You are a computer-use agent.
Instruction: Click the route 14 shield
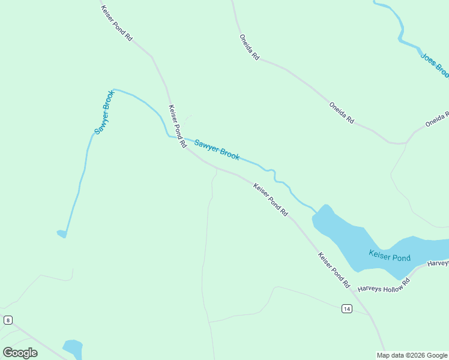(x=346, y=308)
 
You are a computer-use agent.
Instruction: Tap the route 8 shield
(x=8, y=320)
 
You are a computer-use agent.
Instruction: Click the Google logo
(x=20, y=352)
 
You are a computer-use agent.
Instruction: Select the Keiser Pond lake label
(x=390, y=257)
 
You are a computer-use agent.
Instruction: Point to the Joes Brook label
(x=435, y=65)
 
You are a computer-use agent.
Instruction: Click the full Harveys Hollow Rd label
(x=383, y=284)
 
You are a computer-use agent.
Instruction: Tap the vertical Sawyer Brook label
(x=104, y=112)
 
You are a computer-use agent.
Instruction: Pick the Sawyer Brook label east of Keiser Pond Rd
(x=217, y=149)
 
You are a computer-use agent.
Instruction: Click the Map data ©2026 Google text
(x=412, y=355)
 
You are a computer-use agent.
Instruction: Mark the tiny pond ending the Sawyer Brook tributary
(x=61, y=233)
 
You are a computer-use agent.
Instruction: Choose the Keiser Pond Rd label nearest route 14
(x=334, y=269)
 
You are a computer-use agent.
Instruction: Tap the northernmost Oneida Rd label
(x=249, y=47)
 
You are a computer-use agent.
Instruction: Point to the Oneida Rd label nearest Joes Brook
(x=436, y=118)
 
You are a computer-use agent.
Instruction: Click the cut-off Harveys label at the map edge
(x=438, y=263)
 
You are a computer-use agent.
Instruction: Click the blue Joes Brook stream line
(x=401, y=30)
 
